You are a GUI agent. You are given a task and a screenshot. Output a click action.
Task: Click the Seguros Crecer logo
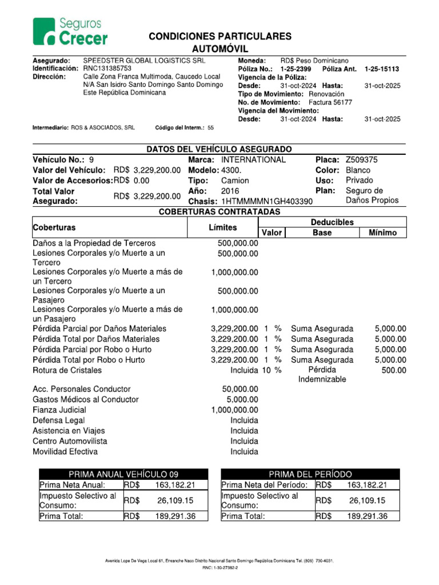pos(70,31)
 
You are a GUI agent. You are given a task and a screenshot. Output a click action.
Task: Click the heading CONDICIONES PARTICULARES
pos(219,37)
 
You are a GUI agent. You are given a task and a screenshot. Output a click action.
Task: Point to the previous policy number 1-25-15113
pos(382,69)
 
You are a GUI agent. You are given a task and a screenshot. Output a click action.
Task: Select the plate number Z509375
pos(361,160)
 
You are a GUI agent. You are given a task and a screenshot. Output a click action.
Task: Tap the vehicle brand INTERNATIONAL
pos(253,160)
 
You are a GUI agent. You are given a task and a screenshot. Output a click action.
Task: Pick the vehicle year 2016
pos(230,191)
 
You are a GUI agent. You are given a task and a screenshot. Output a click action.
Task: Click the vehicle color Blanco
pos(358,170)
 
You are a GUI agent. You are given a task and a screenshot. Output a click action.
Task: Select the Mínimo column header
pos(382,233)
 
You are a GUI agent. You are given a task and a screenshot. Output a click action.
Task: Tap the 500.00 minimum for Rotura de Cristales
pos(394,370)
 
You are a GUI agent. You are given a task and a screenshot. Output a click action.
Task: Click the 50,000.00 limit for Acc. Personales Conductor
pos(240,389)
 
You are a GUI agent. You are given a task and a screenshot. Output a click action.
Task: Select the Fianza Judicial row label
pos(59,410)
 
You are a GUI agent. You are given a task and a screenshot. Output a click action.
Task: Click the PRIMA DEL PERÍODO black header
pos(310,474)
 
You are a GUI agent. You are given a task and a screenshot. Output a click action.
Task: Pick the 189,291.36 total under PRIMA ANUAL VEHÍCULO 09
pos(175,516)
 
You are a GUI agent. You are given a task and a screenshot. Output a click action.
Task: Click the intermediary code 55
pos(210,128)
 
